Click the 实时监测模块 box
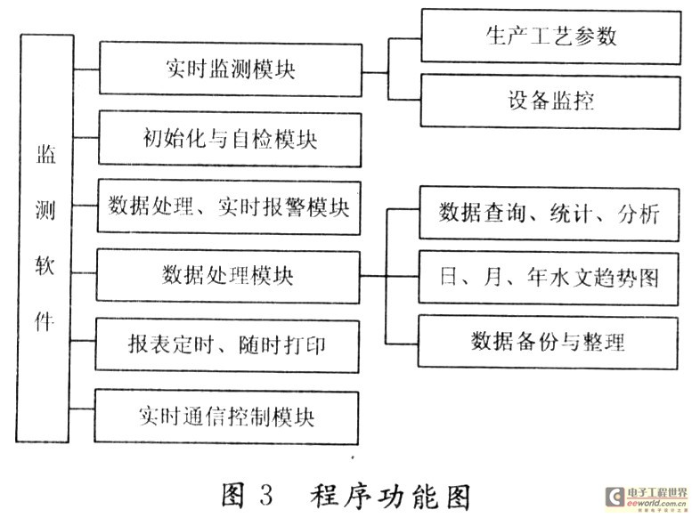point(230,69)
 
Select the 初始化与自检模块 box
point(230,139)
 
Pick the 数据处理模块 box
point(230,275)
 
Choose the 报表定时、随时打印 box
point(230,344)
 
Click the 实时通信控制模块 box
point(230,414)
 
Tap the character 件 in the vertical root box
point(45,320)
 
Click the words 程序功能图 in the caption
point(389,492)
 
